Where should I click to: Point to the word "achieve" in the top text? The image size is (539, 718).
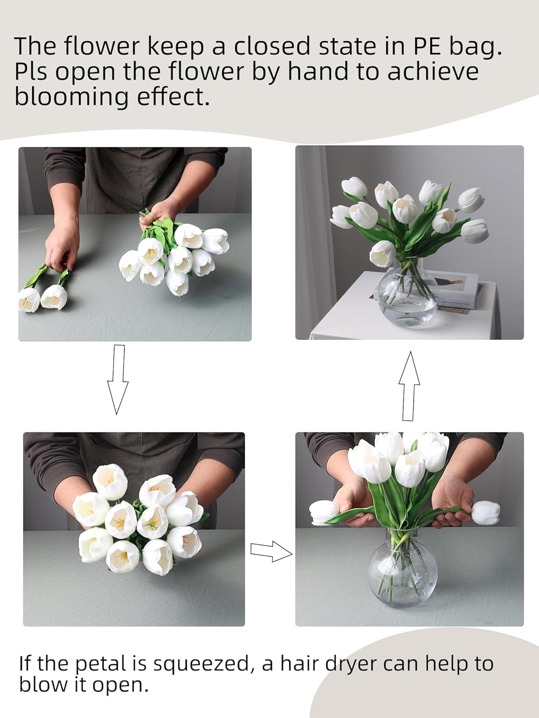coord(433,72)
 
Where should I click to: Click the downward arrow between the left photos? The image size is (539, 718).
coord(117,379)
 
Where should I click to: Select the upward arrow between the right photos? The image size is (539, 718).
coord(409,386)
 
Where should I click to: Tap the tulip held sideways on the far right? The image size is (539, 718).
coord(485,513)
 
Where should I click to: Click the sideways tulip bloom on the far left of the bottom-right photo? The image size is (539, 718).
coord(324,513)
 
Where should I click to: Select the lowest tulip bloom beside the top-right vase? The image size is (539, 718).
coord(383,254)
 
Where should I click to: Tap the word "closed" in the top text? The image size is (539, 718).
coord(272,46)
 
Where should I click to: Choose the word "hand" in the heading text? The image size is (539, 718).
coord(318,72)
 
